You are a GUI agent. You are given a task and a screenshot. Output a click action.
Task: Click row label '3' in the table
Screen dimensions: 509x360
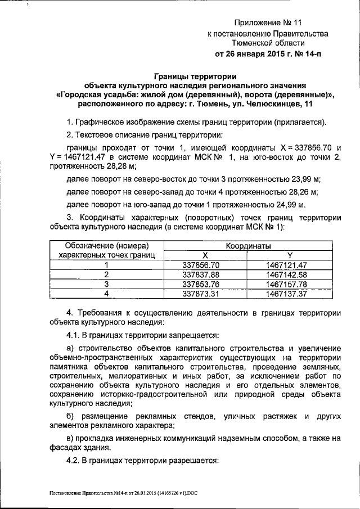(x=106, y=283)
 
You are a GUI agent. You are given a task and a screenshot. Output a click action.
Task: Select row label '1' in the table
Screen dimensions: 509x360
(x=106, y=264)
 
